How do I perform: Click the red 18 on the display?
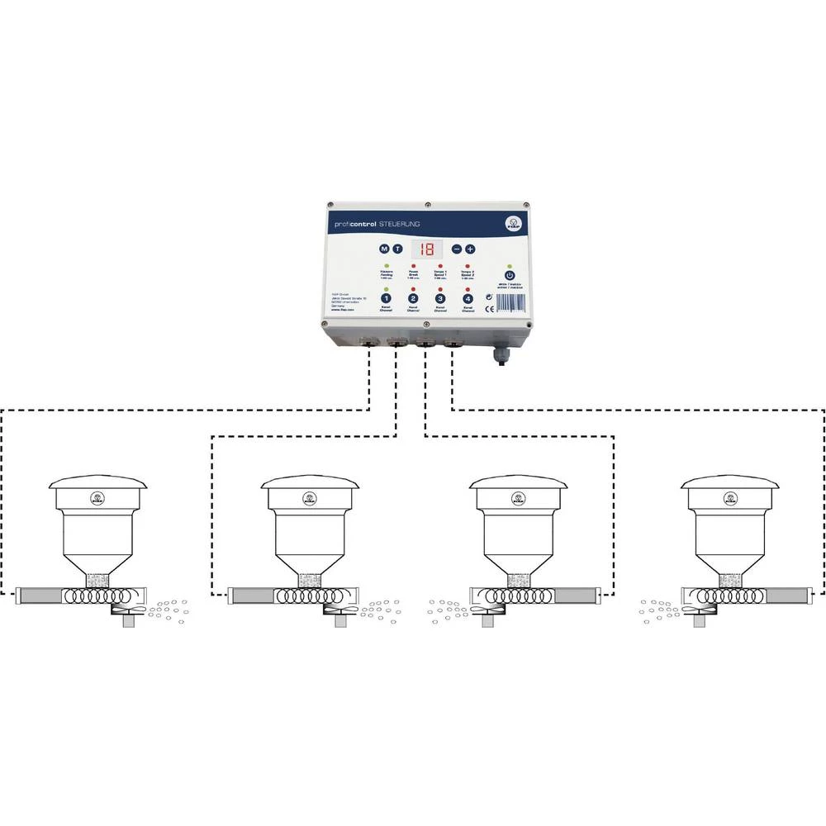427,248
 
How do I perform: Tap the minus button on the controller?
456,248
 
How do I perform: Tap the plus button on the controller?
470,248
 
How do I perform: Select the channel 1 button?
386,299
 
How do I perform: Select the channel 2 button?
413,299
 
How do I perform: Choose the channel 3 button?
440,299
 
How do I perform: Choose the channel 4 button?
468,299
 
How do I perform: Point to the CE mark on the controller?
490,308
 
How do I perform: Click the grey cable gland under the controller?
501,355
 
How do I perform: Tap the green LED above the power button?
510,266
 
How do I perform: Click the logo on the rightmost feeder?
730,498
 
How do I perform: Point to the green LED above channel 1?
386,289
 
